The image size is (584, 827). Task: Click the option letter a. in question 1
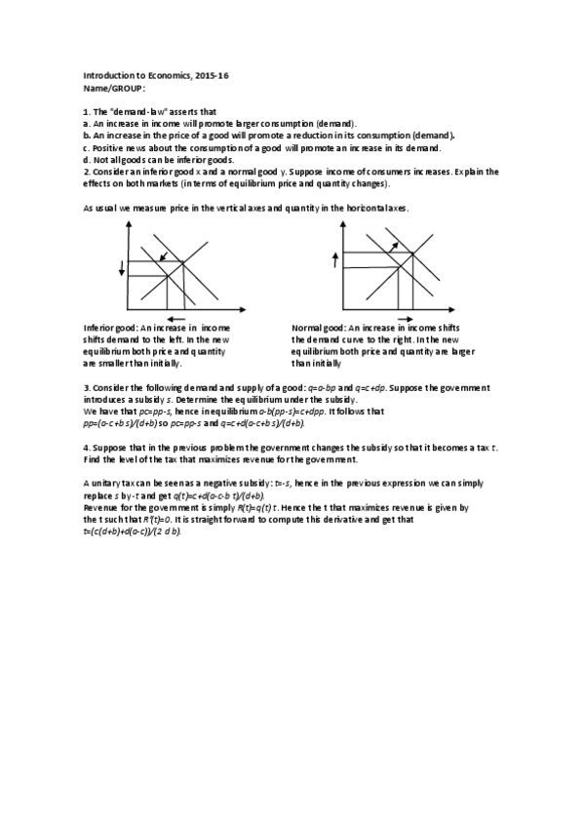[87, 124]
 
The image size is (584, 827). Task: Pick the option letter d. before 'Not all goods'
[87, 159]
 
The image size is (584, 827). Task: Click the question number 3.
[86, 388]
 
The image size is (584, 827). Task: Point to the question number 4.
[86, 447]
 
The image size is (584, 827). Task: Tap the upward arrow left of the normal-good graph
[334, 258]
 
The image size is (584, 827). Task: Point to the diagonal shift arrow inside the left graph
[163, 256]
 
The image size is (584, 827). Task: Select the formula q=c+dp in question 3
[367, 388]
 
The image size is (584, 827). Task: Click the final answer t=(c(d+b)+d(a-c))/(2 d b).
[133, 532]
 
